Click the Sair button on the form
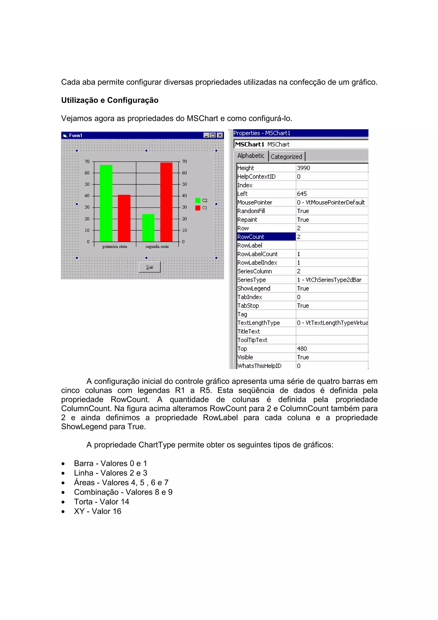149,267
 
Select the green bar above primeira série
106,203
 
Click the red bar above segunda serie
166,202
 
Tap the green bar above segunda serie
148,228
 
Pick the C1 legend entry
201,208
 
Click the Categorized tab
286,157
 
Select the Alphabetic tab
251,156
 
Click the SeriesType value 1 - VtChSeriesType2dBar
329,280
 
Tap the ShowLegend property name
254,288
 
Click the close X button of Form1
220,135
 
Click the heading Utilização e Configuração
109,100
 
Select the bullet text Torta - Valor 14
101,501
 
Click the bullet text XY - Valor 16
98,511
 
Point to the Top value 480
302,349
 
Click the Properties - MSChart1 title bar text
262,133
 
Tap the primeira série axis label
115,246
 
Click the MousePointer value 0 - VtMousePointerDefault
331,202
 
